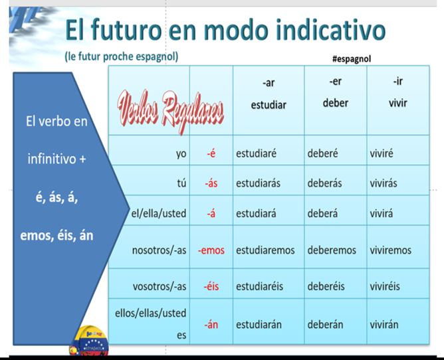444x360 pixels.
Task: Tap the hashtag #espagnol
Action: click(352, 59)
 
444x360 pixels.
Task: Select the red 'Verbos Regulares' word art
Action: click(170, 111)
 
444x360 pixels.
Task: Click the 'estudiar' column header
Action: click(269, 105)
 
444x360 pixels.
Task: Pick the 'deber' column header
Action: click(335, 103)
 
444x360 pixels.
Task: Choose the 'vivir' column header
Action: click(398, 103)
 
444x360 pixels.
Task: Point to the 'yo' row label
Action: click(181, 153)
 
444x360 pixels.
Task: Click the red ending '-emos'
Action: click(211, 250)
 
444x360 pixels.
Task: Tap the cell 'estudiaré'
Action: click(257, 153)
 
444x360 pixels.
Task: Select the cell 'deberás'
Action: click(324, 183)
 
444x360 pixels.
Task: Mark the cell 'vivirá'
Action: click(381, 213)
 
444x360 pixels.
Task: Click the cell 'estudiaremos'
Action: click(265, 250)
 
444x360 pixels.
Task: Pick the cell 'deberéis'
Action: click(326, 286)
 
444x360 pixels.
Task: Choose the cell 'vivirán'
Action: click(384, 324)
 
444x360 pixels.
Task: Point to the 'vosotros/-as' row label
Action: click(160, 286)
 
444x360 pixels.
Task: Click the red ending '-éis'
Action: click(211, 286)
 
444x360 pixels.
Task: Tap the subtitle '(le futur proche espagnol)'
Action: click(122, 56)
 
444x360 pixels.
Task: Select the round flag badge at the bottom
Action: click(89, 341)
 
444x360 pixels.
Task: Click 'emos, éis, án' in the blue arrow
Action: click(56, 236)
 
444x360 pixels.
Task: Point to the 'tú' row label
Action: click(182, 183)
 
